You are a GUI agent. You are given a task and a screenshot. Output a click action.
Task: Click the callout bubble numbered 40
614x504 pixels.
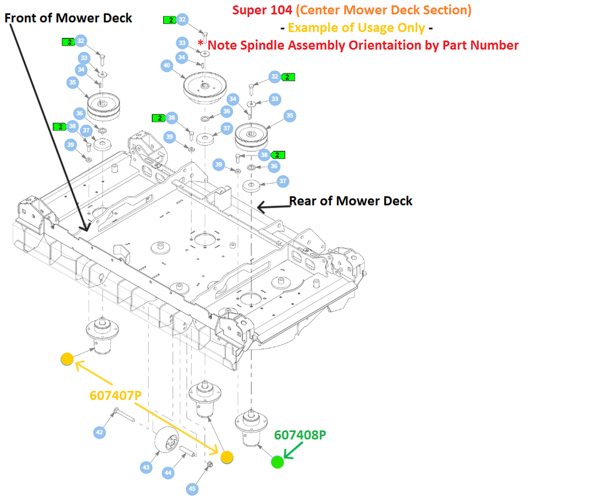(x=167, y=66)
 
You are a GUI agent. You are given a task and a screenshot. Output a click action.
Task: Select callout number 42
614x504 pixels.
(x=100, y=431)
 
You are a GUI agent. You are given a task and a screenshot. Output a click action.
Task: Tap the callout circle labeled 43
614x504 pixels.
(x=146, y=466)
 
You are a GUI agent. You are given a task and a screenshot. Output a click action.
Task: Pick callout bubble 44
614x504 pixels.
(x=168, y=473)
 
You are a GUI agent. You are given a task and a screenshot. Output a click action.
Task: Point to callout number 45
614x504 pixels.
(x=192, y=489)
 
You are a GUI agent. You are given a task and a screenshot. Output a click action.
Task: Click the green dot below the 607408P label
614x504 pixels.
(x=277, y=462)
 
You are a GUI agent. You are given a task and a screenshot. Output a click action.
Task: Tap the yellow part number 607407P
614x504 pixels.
(x=116, y=396)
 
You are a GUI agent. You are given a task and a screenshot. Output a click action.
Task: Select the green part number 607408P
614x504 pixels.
(x=300, y=435)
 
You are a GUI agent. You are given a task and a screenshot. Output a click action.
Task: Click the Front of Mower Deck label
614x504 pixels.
(x=68, y=18)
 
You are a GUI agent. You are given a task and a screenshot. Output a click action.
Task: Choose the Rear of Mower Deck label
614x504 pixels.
(x=351, y=200)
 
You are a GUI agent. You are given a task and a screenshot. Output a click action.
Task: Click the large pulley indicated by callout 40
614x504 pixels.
(x=204, y=88)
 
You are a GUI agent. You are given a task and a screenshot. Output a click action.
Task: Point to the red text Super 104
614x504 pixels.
(x=261, y=10)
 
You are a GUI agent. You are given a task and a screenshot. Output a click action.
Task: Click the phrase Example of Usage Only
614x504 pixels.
(x=356, y=28)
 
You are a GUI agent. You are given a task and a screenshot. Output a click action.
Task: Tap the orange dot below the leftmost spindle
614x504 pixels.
(x=67, y=359)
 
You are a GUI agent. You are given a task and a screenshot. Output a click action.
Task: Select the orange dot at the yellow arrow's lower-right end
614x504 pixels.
(x=227, y=458)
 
